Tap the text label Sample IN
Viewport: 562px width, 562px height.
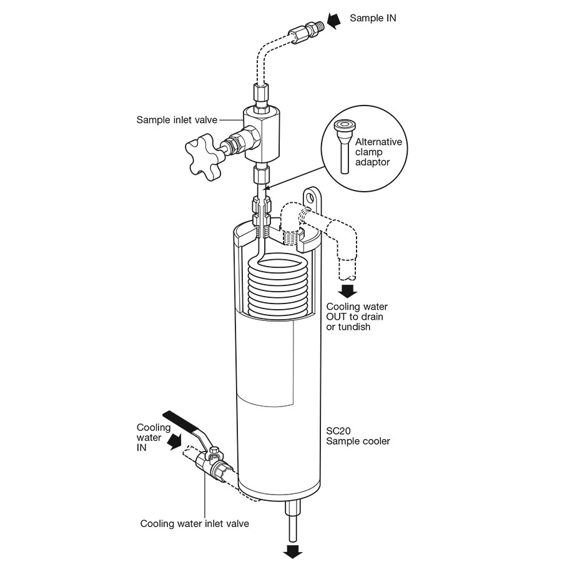[373, 18]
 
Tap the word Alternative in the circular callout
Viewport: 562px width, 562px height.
[382, 142]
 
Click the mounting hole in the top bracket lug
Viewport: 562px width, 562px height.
[310, 198]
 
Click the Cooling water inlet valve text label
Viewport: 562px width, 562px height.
[194, 523]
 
